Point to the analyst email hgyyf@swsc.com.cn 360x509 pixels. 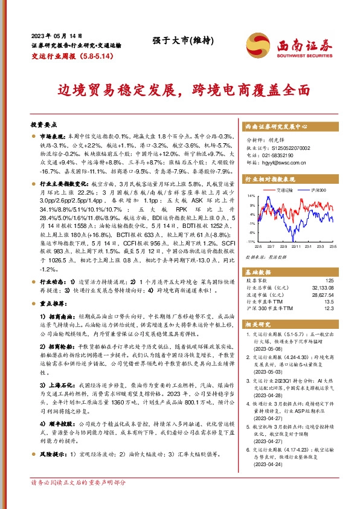tap(277, 161)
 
